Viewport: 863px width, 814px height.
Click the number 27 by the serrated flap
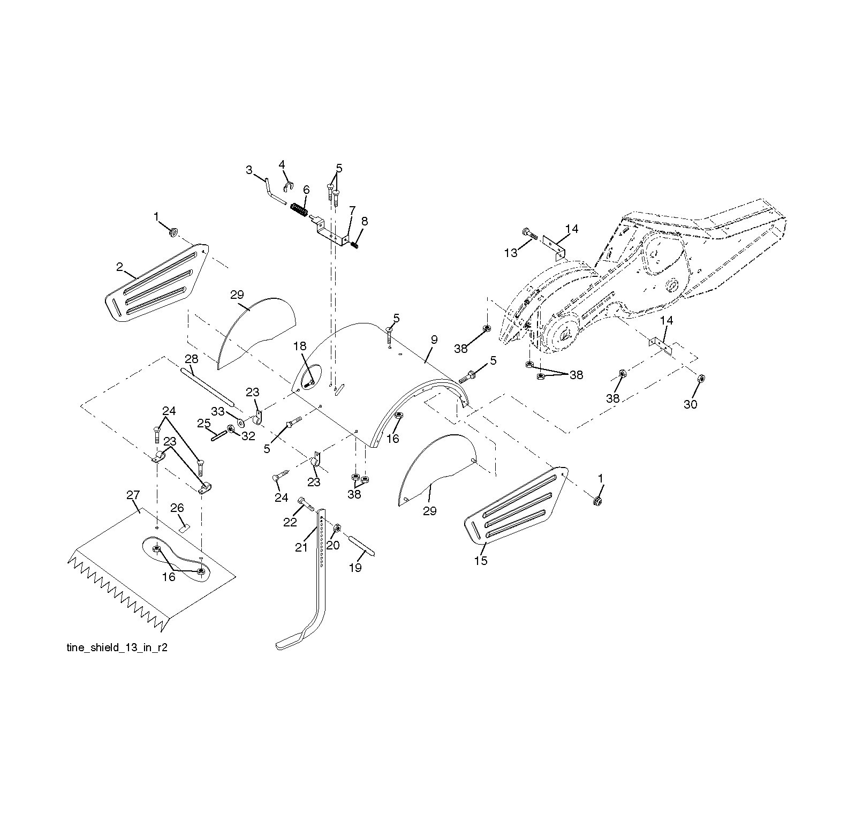pos(133,495)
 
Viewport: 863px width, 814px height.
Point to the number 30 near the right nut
pos(691,404)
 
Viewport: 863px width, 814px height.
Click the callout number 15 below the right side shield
pos(481,561)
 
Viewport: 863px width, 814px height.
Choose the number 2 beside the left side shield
pos(120,266)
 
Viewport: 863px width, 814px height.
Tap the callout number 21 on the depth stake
pos(301,547)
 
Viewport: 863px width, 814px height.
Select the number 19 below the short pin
pos(355,568)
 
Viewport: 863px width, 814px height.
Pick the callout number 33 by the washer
pos(218,411)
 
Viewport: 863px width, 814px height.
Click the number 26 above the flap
pos(177,507)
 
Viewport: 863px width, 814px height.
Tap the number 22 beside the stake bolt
pos(290,522)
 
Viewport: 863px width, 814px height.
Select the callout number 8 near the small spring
pos(365,221)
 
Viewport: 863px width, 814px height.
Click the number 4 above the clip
pos(282,164)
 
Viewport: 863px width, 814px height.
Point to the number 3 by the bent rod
pos(249,170)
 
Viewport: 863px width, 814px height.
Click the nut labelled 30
pos(700,379)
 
